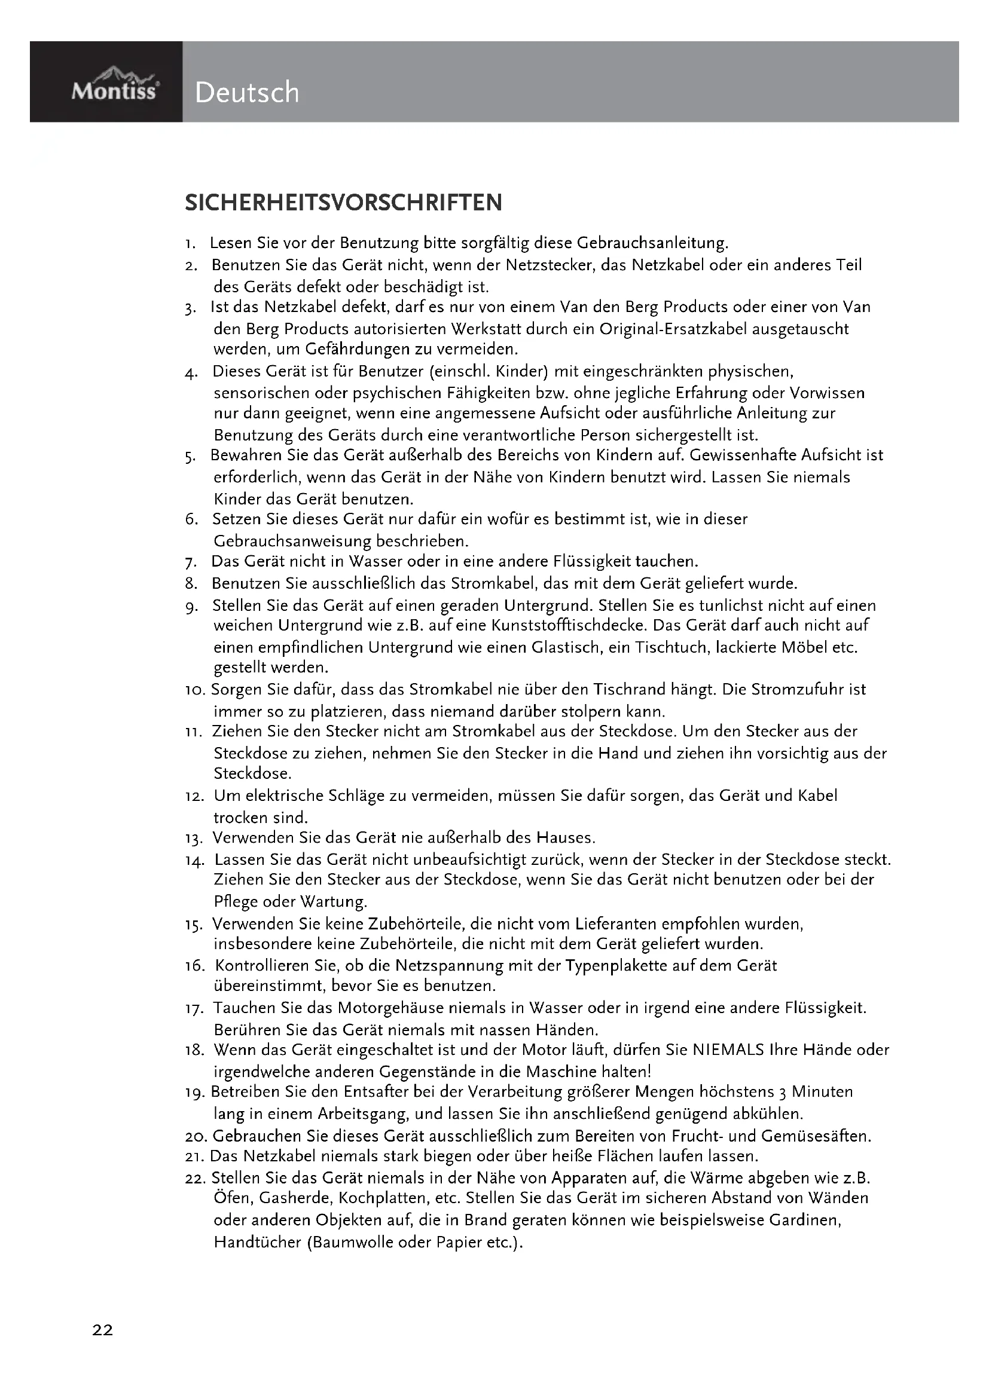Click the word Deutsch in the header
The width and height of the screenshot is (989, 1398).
248,93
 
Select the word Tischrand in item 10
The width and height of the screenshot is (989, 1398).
629,690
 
